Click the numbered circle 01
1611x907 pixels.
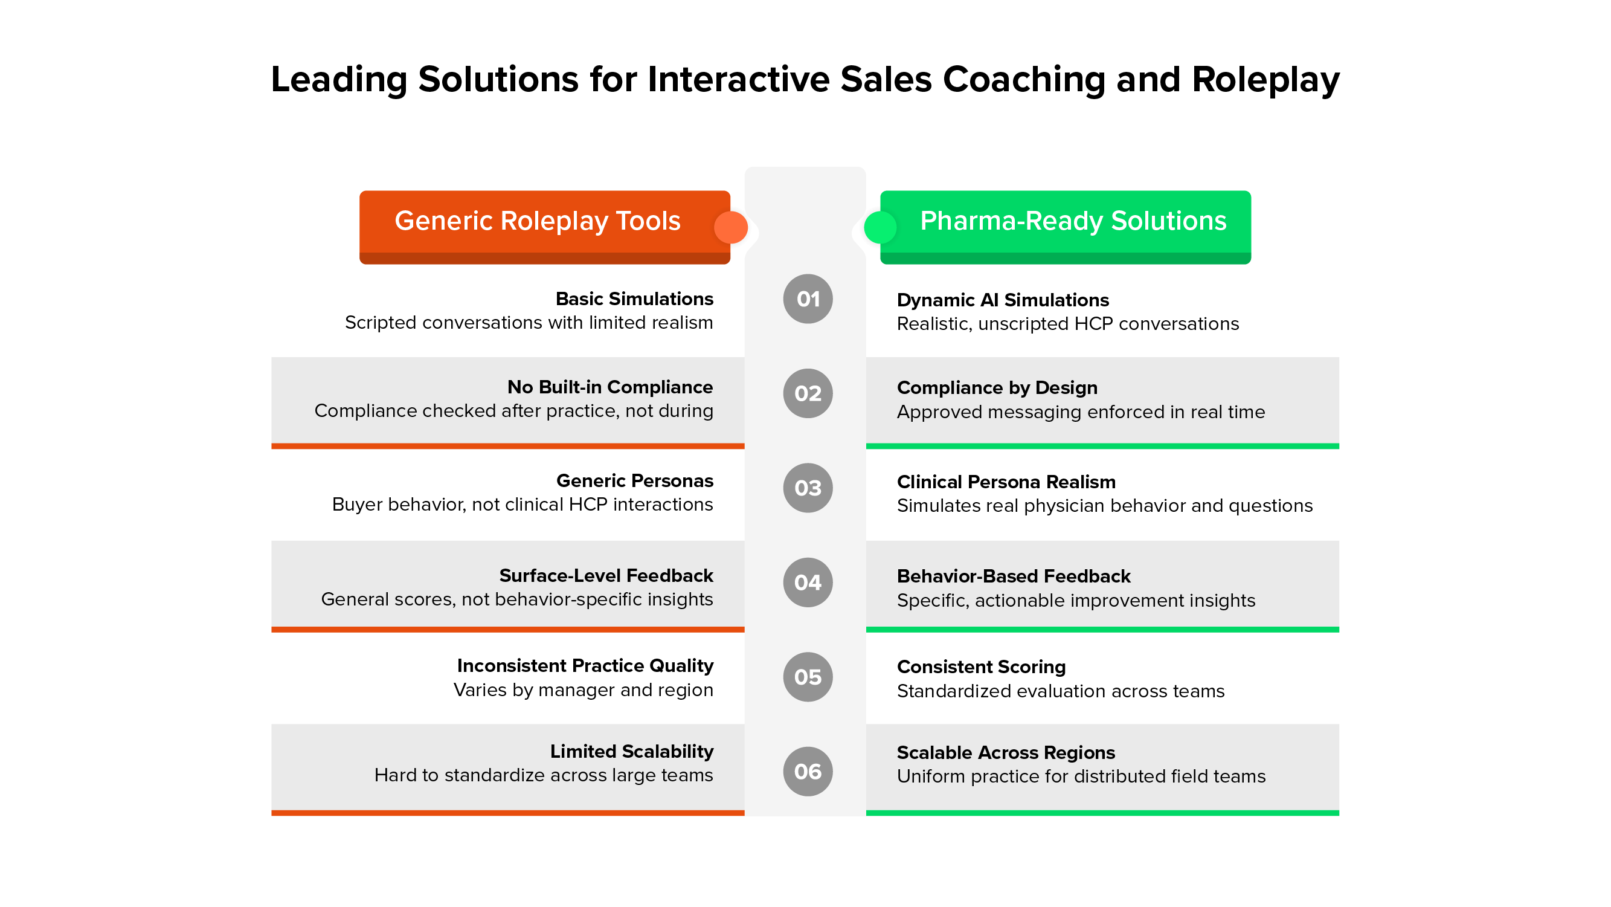tap(808, 299)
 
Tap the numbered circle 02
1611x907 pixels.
tap(808, 393)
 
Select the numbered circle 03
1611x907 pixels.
tap(808, 488)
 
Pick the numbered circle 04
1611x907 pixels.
tap(808, 583)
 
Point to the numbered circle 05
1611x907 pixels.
tap(808, 677)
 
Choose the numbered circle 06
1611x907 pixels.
tap(808, 771)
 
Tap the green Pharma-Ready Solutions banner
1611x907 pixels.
tap(1073, 221)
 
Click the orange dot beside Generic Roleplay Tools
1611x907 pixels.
tap(730, 227)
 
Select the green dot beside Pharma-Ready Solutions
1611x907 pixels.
tap(880, 227)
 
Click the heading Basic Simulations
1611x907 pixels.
tap(634, 299)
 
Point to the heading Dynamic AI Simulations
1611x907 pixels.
tap(1003, 300)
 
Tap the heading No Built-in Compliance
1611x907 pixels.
tap(609, 387)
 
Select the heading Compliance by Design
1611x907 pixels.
tap(997, 388)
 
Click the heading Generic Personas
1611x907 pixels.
tap(634, 481)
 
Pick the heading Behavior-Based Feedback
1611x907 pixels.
tap(1013, 576)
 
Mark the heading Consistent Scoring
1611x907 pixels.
tap(980, 667)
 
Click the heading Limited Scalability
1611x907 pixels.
tap(632, 751)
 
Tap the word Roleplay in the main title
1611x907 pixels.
tap(1265, 80)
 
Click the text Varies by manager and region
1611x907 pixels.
tap(583, 690)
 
